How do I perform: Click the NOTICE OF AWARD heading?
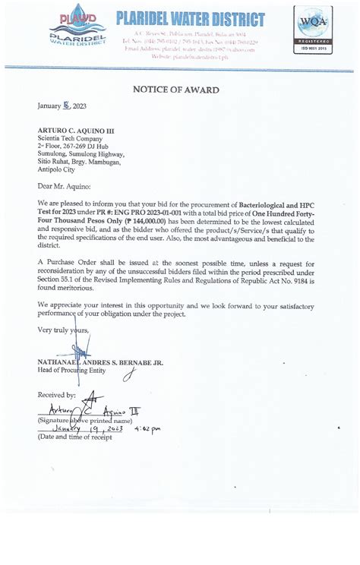[176, 90]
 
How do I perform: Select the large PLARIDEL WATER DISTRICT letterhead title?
[191, 21]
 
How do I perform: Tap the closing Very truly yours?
[63, 330]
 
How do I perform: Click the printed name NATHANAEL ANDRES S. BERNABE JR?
[99, 363]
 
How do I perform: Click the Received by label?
[56, 395]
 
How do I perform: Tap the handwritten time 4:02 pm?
[147, 430]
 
